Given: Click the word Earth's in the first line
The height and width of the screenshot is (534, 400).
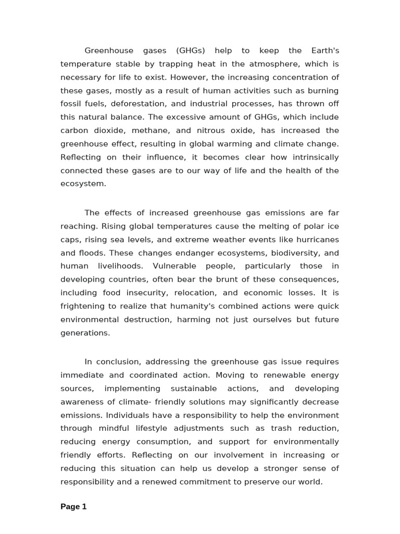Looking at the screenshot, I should (x=322, y=51).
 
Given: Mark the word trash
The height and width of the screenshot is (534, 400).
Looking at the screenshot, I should (x=281, y=428).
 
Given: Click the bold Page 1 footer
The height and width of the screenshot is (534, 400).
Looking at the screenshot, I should (x=73, y=506).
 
